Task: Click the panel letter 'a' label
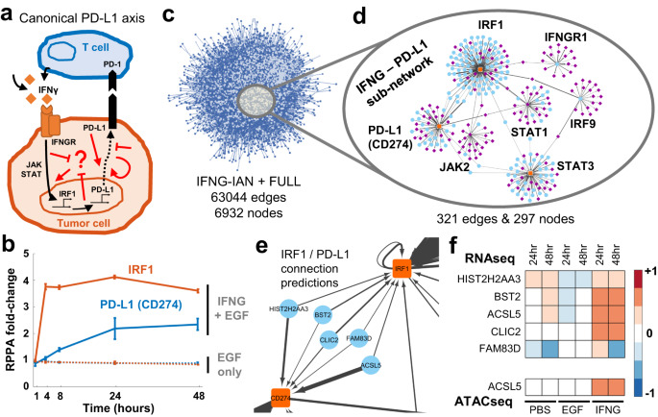tap(9, 12)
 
